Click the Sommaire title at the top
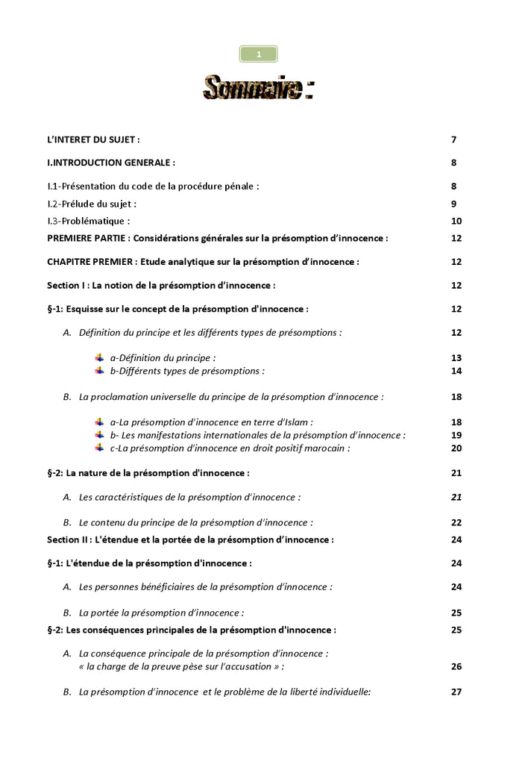(257, 87)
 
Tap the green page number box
(258, 54)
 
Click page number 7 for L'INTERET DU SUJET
(453, 140)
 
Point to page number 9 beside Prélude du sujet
(453, 204)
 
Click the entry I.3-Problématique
(89, 221)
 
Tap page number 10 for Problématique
(456, 221)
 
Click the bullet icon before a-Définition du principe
(99, 358)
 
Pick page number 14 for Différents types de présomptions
(456, 371)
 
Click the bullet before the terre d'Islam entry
(99, 422)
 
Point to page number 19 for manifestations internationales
(456, 436)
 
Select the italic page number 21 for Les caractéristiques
(456, 497)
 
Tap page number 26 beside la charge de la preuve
(456, 666)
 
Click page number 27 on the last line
(456, 692)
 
